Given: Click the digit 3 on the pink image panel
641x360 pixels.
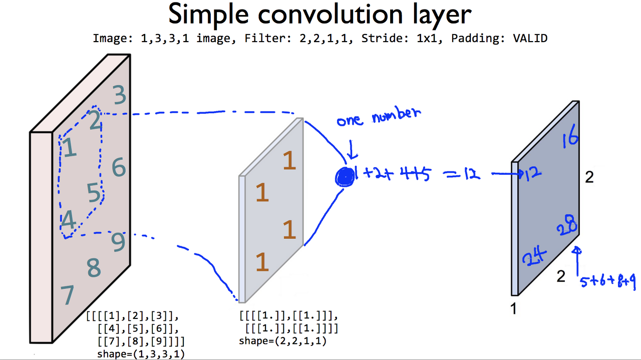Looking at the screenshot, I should point(119,95).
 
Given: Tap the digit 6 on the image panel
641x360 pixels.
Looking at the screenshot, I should point(119,167).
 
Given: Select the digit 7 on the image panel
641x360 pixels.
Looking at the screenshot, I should point(68,295).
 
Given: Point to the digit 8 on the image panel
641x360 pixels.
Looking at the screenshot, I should point(94,268).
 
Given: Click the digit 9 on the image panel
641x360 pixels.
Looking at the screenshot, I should point(118,242).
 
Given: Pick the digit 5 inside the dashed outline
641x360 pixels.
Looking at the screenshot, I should point(94,193).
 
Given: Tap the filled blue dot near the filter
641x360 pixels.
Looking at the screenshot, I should point(345,176).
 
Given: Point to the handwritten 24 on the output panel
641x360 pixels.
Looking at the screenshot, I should point(533,257).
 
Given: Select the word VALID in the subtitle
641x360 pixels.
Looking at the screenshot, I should point(530,39).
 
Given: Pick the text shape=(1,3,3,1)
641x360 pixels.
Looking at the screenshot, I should point(141,354).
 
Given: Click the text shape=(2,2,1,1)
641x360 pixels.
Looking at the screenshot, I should point(283,341).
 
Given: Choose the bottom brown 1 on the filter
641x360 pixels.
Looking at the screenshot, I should point(262,262).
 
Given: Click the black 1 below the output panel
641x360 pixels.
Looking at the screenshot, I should point(513,309).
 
